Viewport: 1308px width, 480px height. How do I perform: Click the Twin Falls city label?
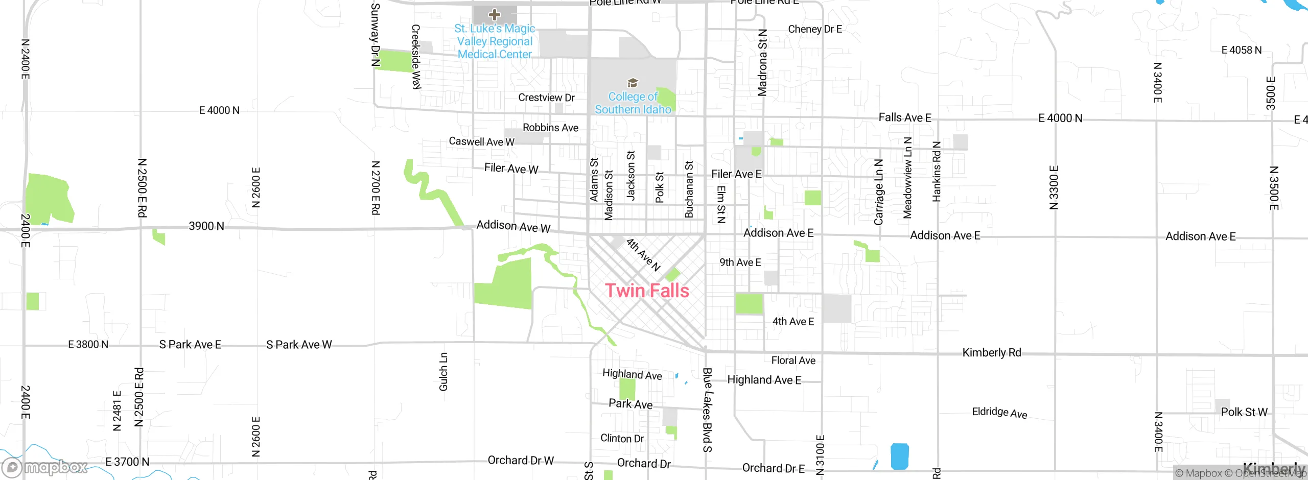[647, 291]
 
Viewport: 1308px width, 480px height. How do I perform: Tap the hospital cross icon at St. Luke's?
[494, 14]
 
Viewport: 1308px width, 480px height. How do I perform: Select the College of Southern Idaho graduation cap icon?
[633, 83]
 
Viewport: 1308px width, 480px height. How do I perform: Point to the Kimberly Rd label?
[991, 352]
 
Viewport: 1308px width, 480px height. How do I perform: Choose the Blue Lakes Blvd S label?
[707, 410]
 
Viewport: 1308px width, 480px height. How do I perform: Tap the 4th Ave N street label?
[643, 254]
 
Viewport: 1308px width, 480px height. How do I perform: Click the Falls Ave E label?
[904, 117]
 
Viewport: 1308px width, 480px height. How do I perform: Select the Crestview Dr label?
[546, 98]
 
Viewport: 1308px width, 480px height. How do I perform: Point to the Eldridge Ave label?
[999, 413]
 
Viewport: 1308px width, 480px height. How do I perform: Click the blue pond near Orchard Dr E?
[899, 456]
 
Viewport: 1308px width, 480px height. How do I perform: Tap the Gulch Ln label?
[443, 371]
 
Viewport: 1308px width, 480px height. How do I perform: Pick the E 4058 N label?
[1241, 50]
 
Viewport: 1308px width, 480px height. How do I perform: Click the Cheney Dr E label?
[814, 29]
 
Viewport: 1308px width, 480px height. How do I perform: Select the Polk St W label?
[1244, 412]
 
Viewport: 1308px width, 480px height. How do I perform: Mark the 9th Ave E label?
[740, 262]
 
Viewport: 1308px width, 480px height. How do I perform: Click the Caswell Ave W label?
[481, 141]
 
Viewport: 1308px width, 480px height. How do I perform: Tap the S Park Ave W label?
[299, 345]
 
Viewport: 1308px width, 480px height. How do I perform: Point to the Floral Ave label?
[793, 361]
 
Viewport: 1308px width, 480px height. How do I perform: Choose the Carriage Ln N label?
[878, 192]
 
